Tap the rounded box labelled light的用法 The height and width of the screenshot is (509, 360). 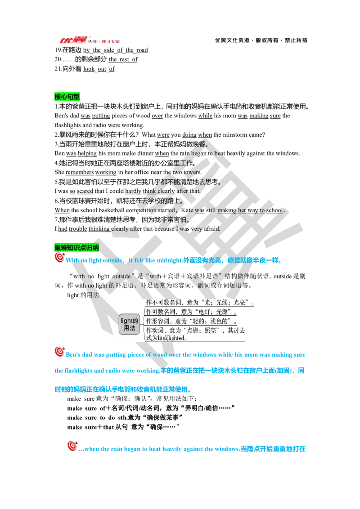129,324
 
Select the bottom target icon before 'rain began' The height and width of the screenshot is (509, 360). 72,446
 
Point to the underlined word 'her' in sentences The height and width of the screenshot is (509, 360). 243,210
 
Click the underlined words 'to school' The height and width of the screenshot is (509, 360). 270,210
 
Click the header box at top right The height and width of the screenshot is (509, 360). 261,40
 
